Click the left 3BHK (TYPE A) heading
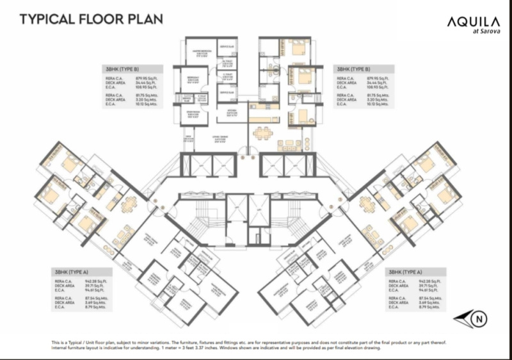71,272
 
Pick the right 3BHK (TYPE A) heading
406,272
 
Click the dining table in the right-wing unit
368,204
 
